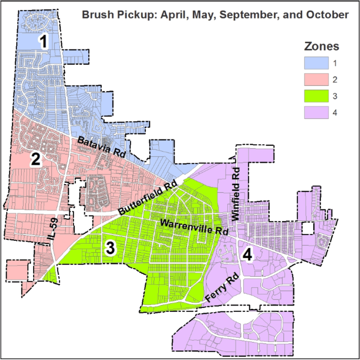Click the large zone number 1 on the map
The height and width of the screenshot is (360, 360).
[x=44, y=41]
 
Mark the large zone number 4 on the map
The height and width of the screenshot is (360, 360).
[x=248, y=254]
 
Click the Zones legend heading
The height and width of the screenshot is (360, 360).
[x=322, y=46]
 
